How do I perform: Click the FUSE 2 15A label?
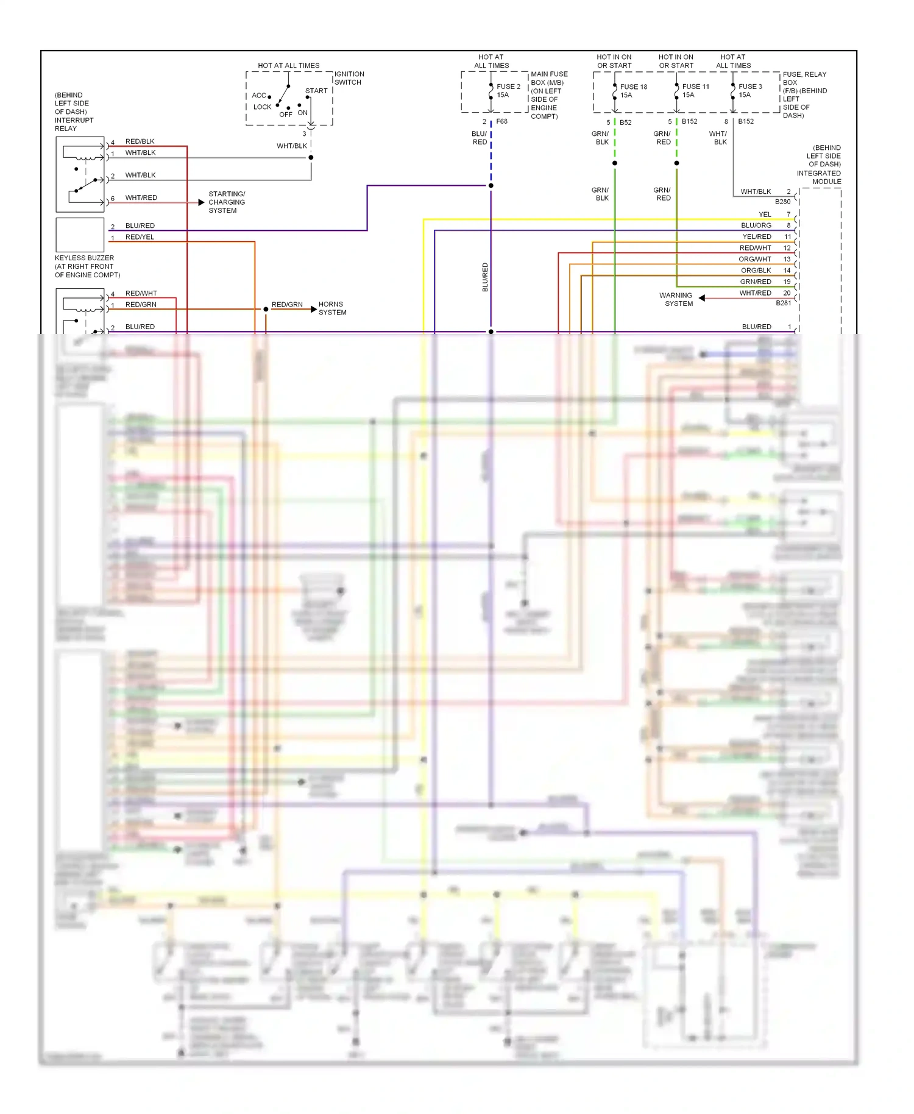[508, 90]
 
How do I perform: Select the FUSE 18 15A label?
[633, 91]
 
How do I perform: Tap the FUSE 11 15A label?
[695, 90]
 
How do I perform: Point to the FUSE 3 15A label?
[750, 90]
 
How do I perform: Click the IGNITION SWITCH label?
[349, 78]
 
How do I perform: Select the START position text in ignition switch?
[316, 91]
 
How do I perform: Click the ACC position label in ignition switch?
[259, 95]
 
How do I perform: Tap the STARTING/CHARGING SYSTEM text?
[227, 202]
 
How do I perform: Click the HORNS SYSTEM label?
[332, 308]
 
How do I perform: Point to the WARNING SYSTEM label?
[677, 299]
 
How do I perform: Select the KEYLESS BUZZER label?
[85, 258]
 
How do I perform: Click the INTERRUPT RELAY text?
[74, 124]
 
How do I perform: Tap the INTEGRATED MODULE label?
[818, 177]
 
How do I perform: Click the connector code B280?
[782, 202]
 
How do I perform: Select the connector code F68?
[501, 121]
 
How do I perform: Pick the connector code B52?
[625, 122]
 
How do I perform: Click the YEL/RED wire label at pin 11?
[756, 236]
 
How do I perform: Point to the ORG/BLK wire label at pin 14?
[756, 270]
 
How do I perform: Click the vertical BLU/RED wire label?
[485, 277]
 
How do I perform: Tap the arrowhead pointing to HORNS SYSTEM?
[313, 310]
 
